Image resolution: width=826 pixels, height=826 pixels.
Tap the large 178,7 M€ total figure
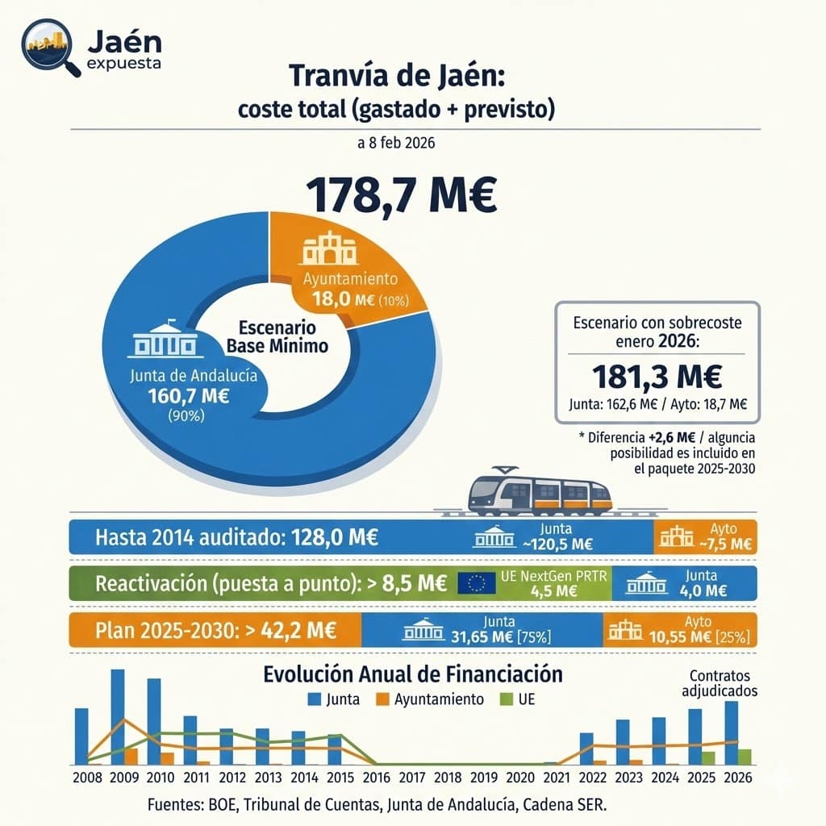pos(401,195)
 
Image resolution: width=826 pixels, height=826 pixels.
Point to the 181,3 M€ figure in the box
pos(657,377)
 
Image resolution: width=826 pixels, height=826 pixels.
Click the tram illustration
pos(539,493)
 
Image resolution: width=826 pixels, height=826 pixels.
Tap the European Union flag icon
pos(476,583)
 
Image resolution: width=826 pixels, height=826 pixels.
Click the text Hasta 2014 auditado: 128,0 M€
pos(236,537)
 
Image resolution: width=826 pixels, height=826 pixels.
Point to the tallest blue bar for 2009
pos(118,716)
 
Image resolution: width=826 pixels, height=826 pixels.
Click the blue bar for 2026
pos(731,732)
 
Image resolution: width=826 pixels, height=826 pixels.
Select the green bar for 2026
pos(744,757)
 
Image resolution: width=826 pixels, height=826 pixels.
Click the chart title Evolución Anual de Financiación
pos(413,674)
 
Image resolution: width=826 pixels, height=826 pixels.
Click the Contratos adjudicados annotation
pos(720,682)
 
